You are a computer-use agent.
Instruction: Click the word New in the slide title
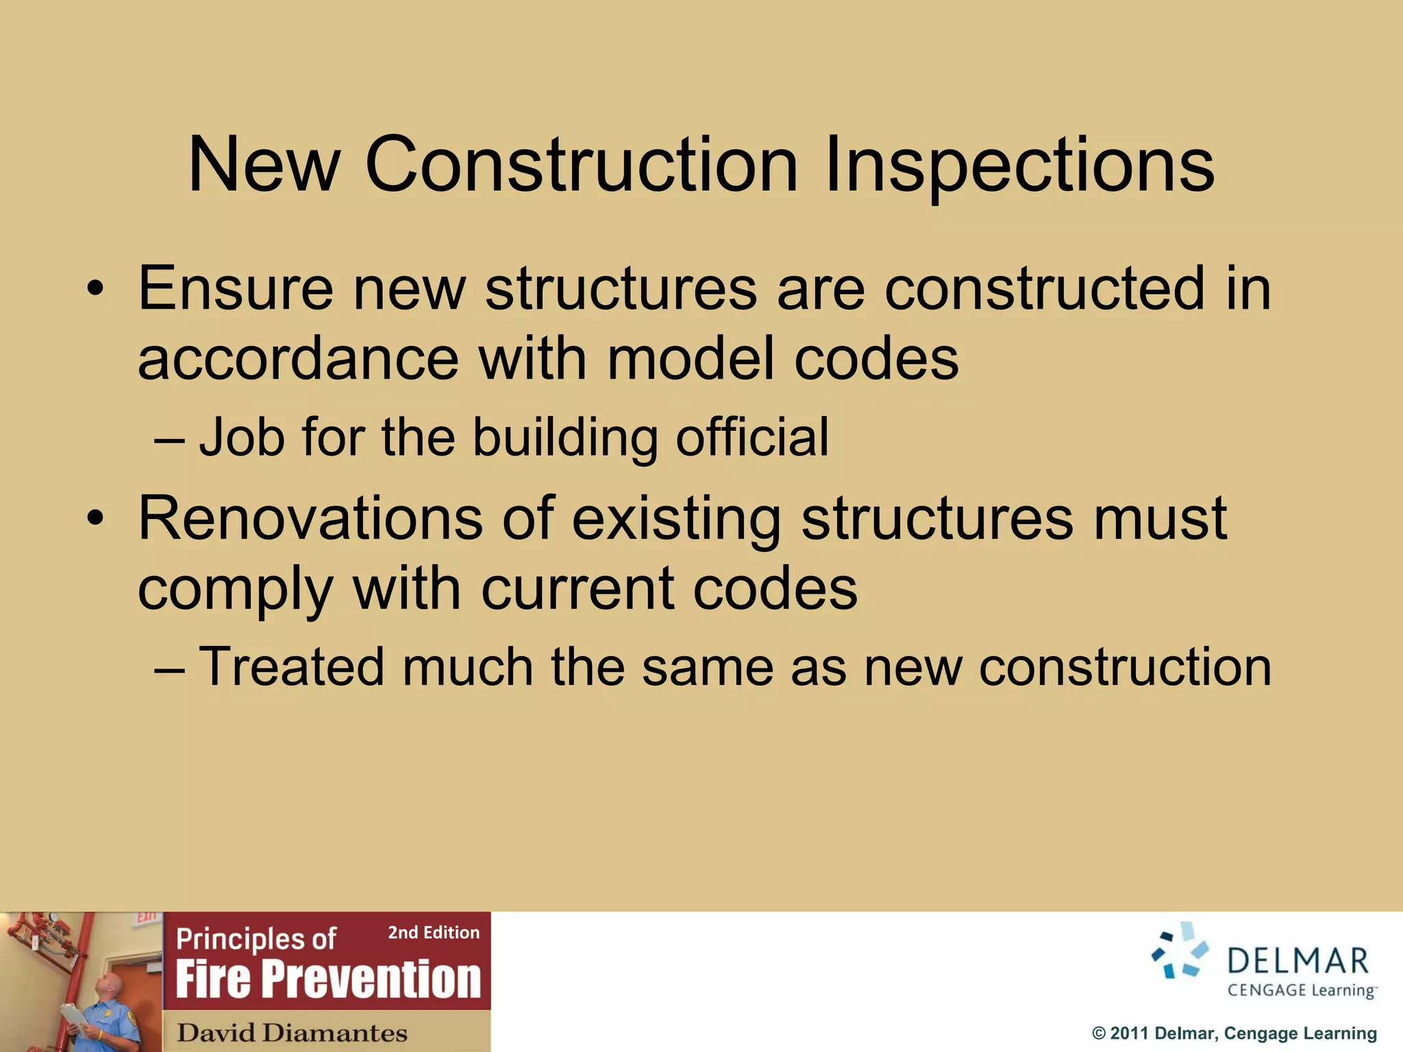coord(264,166)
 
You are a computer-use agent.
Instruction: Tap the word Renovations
coord(310,518)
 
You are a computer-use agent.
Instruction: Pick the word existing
coord(676,518)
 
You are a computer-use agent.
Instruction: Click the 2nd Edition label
coord(434,932)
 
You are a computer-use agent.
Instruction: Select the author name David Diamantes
coord(292,1032)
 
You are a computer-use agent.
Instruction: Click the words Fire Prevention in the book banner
coord(328,979)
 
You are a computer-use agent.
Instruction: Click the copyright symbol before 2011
coord(1099,1034)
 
